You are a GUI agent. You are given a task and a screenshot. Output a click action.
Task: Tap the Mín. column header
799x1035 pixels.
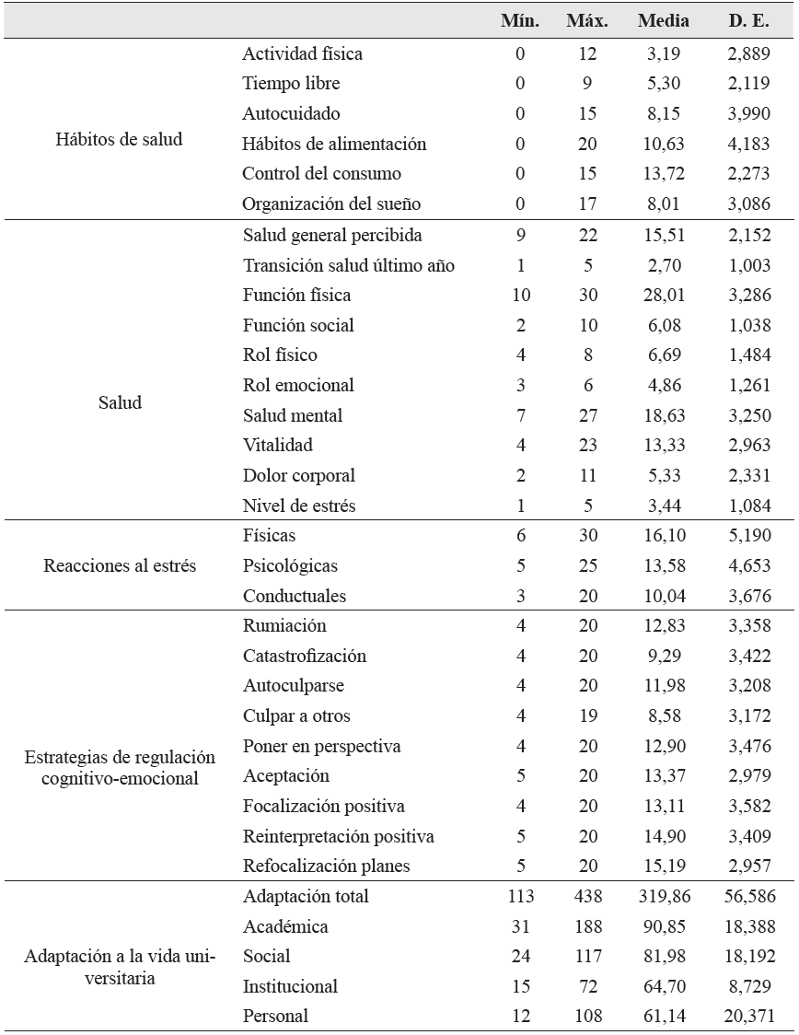click(x=520, y=20)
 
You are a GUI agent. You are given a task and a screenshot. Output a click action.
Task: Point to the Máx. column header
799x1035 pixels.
click(x=582, y=20)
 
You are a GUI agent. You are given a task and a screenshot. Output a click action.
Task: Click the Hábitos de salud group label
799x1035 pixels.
click(x=120, y=139)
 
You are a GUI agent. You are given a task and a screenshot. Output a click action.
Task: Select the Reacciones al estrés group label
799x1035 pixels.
click(x=120, y=565)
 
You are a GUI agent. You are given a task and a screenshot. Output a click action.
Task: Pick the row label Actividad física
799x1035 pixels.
click(x=302, y=53)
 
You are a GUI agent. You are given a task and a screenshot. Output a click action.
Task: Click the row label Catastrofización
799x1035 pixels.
click(x=304, y=656)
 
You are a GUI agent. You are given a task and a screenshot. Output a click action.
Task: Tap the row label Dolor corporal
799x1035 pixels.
click(x=298, y=476)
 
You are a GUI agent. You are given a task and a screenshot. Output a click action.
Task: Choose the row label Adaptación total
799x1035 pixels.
click(x=306, y=896)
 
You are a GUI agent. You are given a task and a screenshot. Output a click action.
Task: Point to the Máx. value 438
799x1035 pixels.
click(x=582, y=896)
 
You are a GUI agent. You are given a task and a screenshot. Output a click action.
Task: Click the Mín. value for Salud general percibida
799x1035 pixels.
click(x=520, y=235)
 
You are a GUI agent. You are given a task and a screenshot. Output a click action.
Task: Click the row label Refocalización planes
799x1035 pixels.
click(x=326, y=866)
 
